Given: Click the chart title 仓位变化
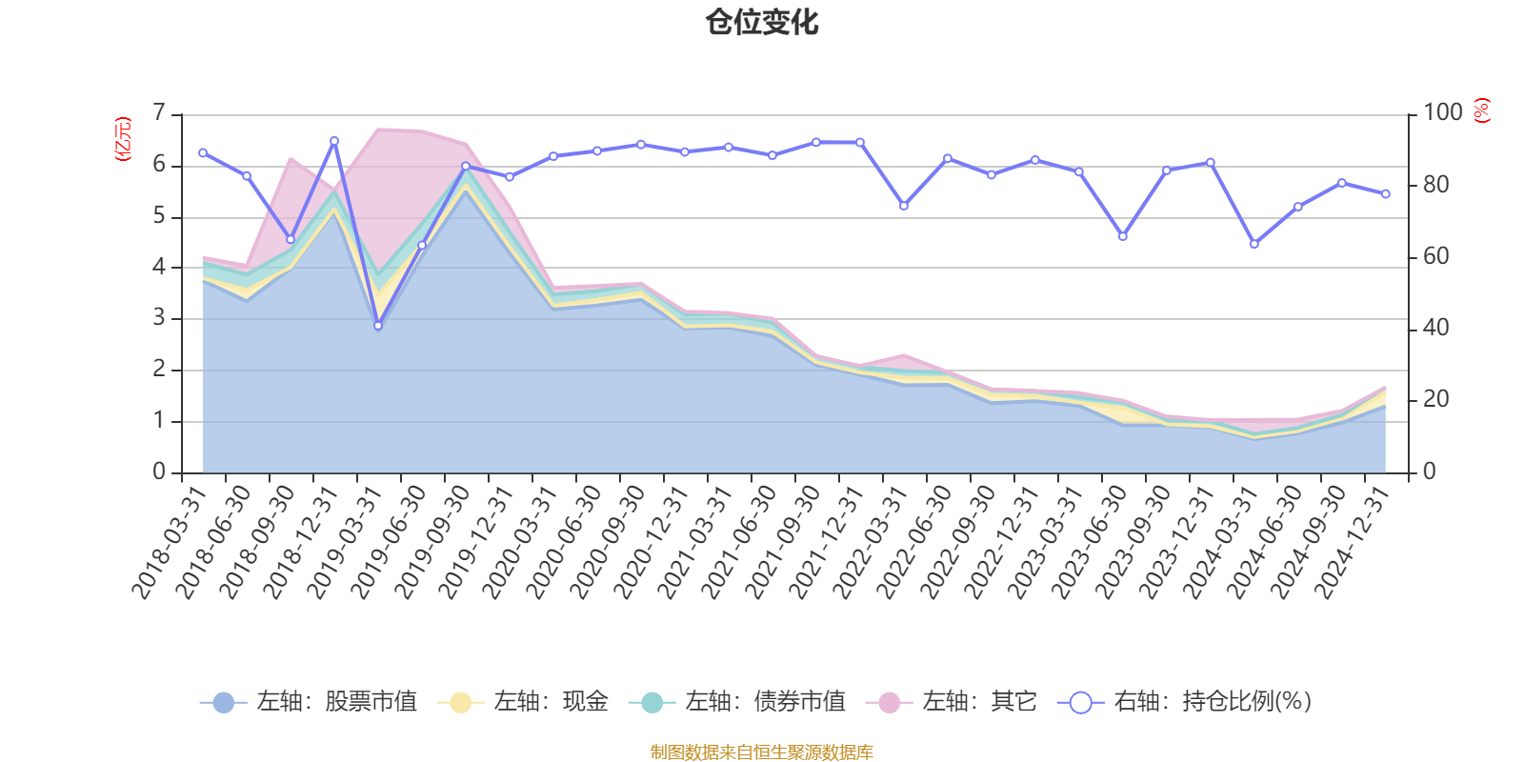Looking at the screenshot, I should point(762,22).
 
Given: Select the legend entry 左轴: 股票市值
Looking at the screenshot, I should point(309,702).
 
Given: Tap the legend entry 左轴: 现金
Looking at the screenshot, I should point(523,702).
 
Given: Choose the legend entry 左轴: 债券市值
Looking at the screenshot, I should point(737,702).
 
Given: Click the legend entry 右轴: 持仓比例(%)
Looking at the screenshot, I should point(1185,702).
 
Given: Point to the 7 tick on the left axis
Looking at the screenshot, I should point(159,113).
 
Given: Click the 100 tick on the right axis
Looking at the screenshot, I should point(1442,113).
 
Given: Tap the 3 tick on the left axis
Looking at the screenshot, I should point(159,318).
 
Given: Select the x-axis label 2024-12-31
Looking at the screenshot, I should point(1353,541).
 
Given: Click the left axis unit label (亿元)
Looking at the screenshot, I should point(123,139).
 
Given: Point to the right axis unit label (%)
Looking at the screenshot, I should point(1482,110).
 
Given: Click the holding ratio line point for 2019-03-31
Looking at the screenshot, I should point(378,326).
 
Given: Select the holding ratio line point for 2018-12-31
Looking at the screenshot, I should point(334,141).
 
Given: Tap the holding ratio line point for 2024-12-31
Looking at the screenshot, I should point(1386,193).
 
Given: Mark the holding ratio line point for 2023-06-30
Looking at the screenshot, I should point(1122,236).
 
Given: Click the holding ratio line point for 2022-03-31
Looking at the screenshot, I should point(904,206).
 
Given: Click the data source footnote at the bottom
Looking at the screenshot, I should point(762,752).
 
